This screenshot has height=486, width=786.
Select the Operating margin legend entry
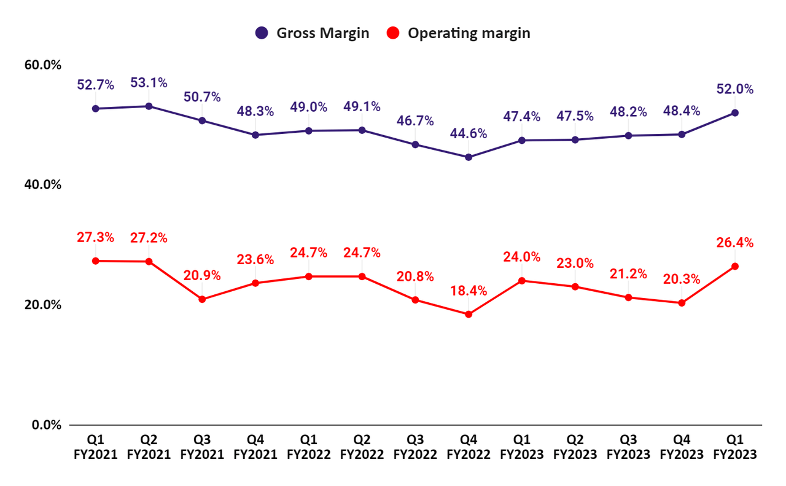[459, 33]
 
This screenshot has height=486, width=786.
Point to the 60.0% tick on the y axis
[42, 65]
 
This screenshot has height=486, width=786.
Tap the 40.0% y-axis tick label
[42, 185]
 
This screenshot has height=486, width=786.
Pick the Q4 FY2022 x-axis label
[469, 447]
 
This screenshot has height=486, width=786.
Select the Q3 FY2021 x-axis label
[202, 447]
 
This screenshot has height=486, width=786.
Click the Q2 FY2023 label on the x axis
[575, 447]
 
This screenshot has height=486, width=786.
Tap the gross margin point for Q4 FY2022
[469, 157]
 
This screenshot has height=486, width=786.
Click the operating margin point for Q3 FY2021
[202, 299]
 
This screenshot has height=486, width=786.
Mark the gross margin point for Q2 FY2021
[149, 106]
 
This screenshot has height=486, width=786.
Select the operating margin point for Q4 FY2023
[682, 303]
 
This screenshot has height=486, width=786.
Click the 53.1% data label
[149, 83]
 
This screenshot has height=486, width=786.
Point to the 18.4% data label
[469, 290]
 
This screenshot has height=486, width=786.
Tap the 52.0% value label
[734, 89]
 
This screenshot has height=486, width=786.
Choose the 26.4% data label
[734, 243]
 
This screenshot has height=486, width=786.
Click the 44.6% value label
[469, 133]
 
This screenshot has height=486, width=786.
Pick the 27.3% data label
[96, 237]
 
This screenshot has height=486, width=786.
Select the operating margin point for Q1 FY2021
[96, 261]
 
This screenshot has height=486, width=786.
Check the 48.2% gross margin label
[628, 112]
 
